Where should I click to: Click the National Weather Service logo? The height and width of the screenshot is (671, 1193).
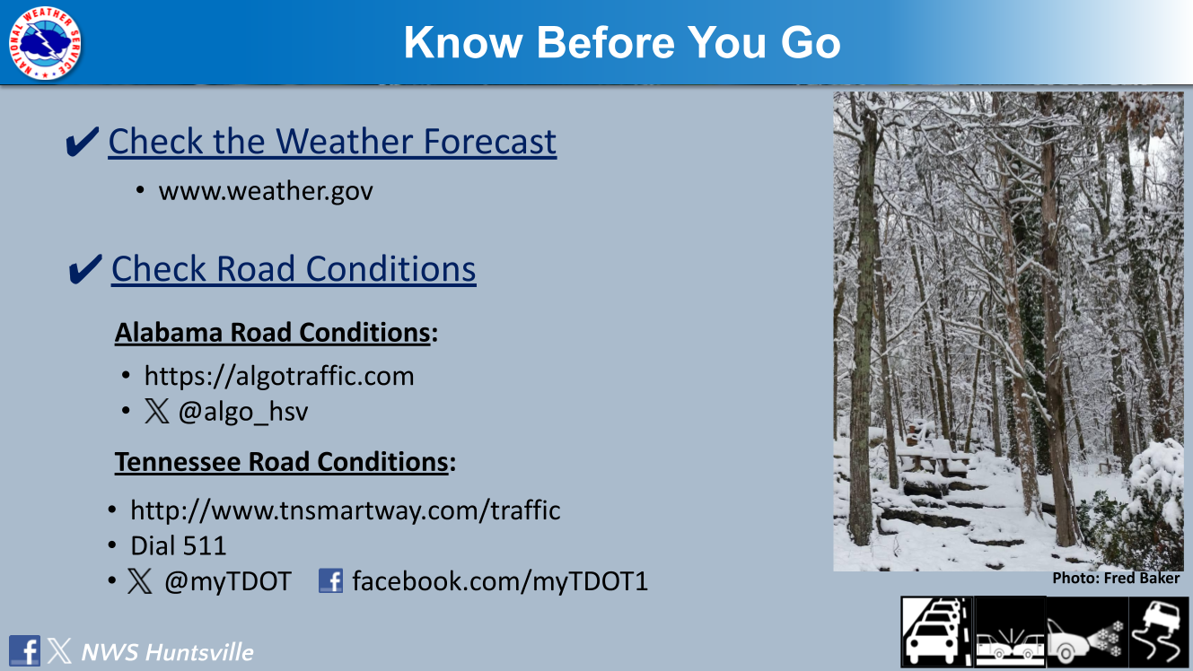click(x=45, y=43)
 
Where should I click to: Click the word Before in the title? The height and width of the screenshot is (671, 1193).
click(x=606, y=42)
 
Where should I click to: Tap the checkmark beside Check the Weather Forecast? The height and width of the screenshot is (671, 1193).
click(x=82, y=141)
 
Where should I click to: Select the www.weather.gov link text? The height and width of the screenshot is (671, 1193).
click(x=266, y=191)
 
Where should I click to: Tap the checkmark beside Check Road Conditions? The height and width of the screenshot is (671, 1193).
click(x=85, y=269)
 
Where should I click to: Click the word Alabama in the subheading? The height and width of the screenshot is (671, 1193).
click(x=169, y=333)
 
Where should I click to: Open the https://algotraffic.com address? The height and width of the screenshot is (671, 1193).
click(x=279, y=376)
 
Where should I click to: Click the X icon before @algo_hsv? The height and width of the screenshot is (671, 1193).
click(x=156, y=412)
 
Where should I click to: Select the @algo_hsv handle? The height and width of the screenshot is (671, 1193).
click(x=243, y=412)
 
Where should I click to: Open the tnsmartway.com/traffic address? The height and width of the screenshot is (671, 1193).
click(x=345, y=510)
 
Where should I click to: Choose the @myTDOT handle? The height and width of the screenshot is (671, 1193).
click(x=228, y=581)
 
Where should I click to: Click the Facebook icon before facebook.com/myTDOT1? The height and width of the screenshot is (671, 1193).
click(x=330, y=580)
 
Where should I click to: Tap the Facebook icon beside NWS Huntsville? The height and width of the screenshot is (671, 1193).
click(x=24, y=650)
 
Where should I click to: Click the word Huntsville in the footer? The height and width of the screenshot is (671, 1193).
click(x=199, y=652)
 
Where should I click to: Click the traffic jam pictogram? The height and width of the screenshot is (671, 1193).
click(x=937, y=632)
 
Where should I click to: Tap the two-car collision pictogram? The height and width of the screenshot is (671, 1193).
click(x=1010, y=632)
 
